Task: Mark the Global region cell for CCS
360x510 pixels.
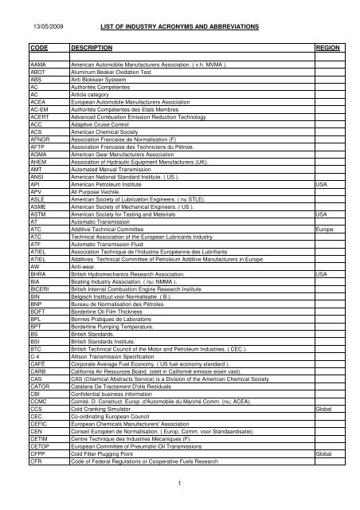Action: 323,408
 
